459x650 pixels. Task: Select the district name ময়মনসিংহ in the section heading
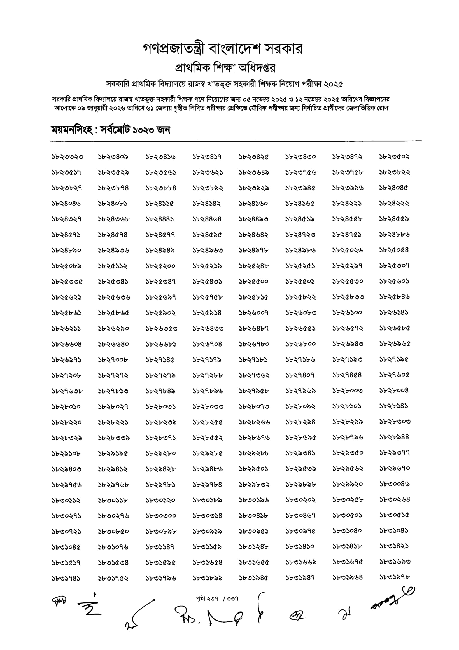[72, 130]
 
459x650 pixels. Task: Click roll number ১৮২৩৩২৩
[67, 157]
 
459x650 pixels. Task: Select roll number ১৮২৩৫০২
[394, 157]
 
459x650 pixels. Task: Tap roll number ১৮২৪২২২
[394, 204]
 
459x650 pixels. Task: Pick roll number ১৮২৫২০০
[160, 266]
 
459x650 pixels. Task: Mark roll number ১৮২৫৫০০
[254, 282]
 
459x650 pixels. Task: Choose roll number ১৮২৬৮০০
[300, 344]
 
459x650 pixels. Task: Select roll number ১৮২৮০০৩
[348, 391]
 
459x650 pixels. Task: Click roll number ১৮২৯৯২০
[348, 484]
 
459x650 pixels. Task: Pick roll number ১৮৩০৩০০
[161, 516]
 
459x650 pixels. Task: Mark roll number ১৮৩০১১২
[66, 500]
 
